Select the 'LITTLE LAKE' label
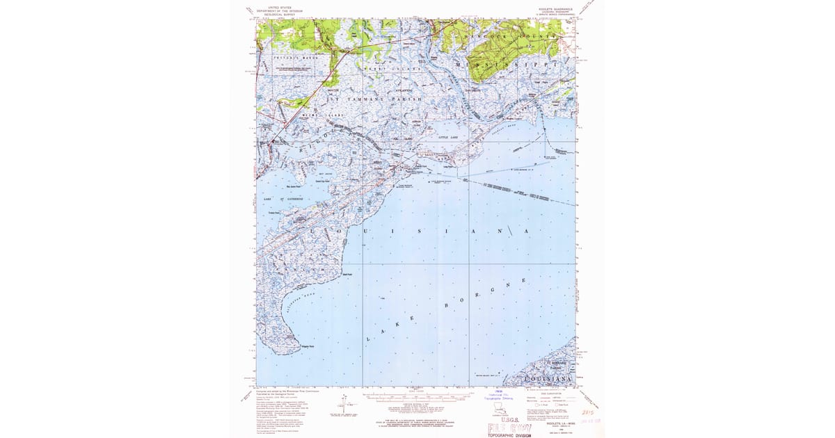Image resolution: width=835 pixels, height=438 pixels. click(447, 138)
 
